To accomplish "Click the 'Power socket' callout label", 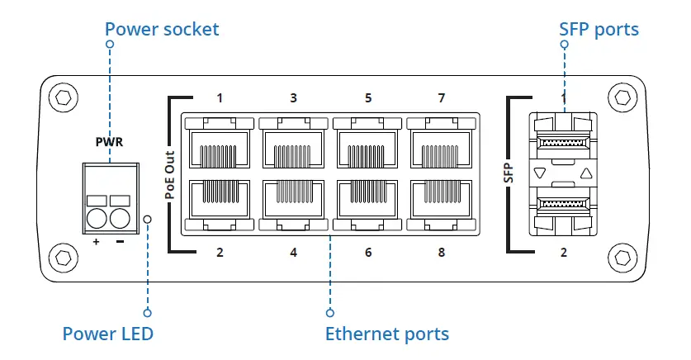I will (162, 30).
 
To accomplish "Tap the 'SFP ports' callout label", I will (599, 30).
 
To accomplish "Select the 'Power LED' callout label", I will (107, 334).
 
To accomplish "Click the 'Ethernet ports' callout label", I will (386, 334).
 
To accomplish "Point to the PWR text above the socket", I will (110, 142).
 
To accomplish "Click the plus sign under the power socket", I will (96, 242).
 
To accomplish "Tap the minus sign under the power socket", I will (121, 242).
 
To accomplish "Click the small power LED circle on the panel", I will (148, 219).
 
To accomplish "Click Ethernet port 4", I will (293, 202).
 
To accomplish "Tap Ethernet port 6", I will (367, 202).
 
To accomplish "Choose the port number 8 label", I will (441, 252).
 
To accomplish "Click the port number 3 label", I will (293, 98).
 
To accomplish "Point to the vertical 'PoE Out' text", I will (170, 174).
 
